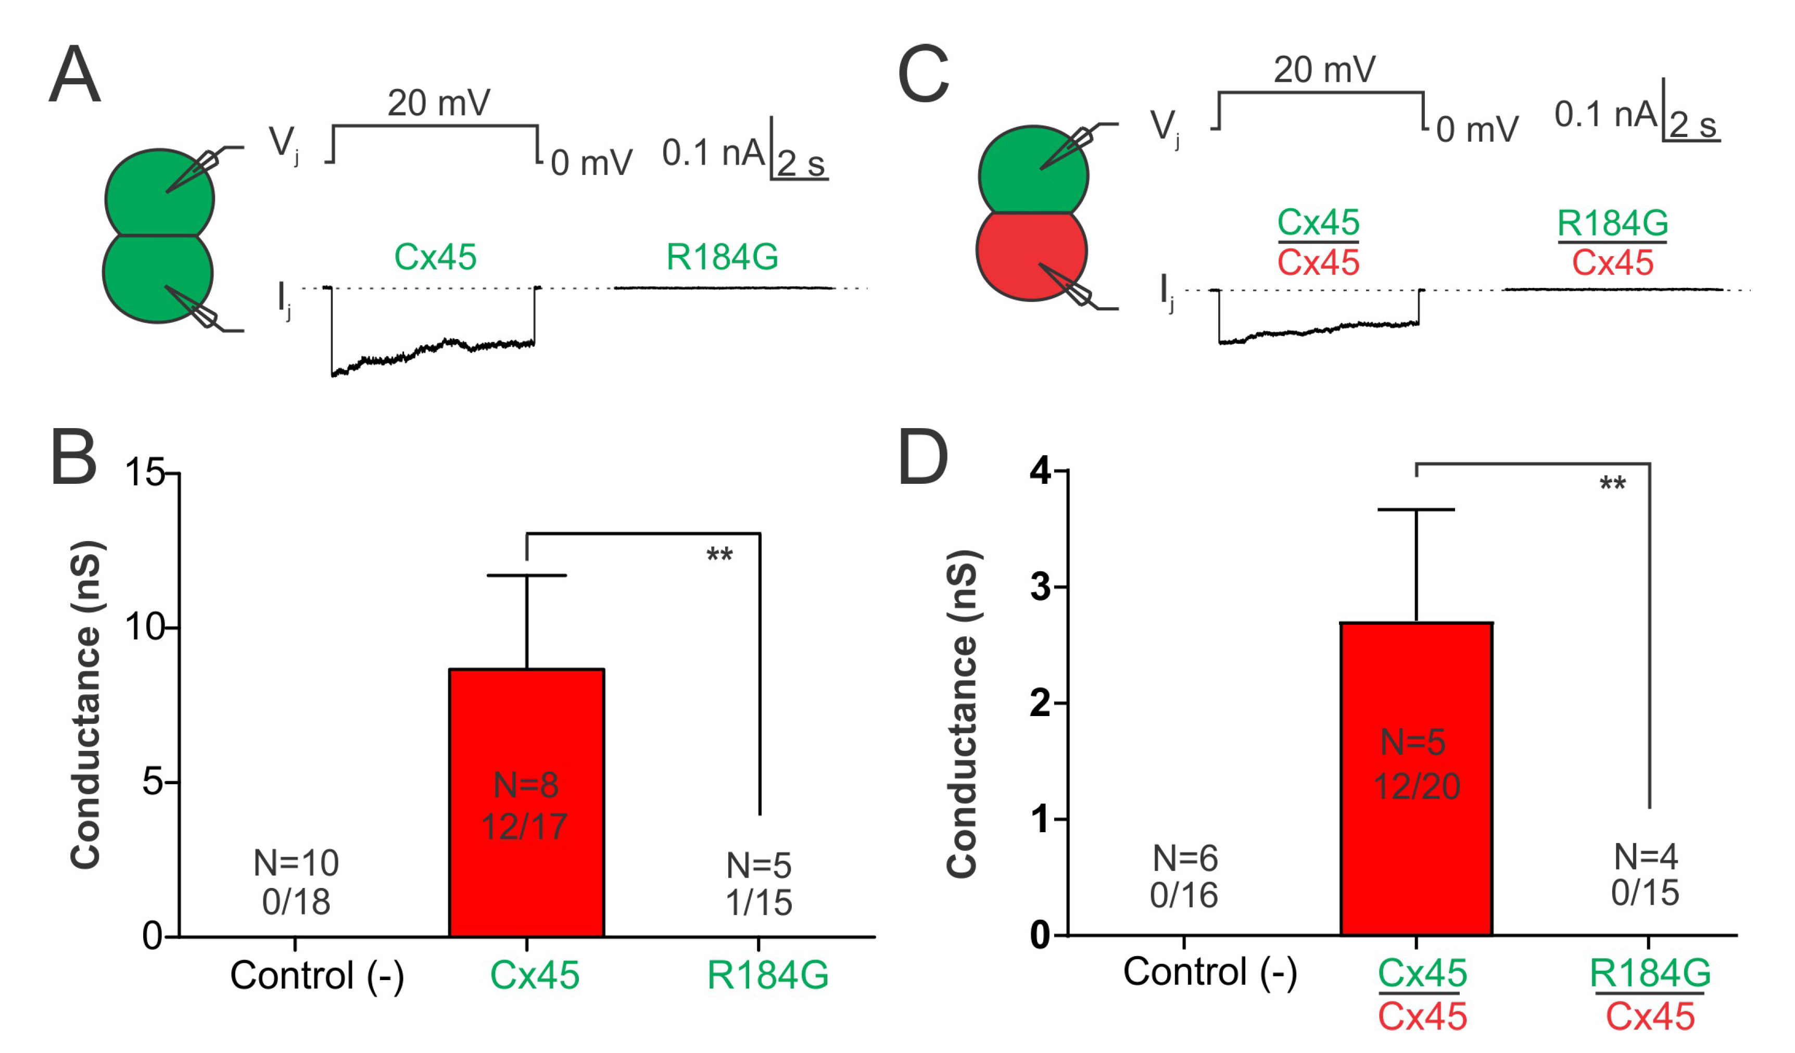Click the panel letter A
click(75, 75)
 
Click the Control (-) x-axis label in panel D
click(1209, 972)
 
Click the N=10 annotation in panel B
click(296, 863)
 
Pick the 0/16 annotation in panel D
click(1184, 896)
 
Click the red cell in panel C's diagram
click(1031, 253)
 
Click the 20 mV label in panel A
click(439, 103)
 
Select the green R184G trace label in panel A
click(722, 257)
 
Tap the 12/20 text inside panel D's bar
click(1416, 786)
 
